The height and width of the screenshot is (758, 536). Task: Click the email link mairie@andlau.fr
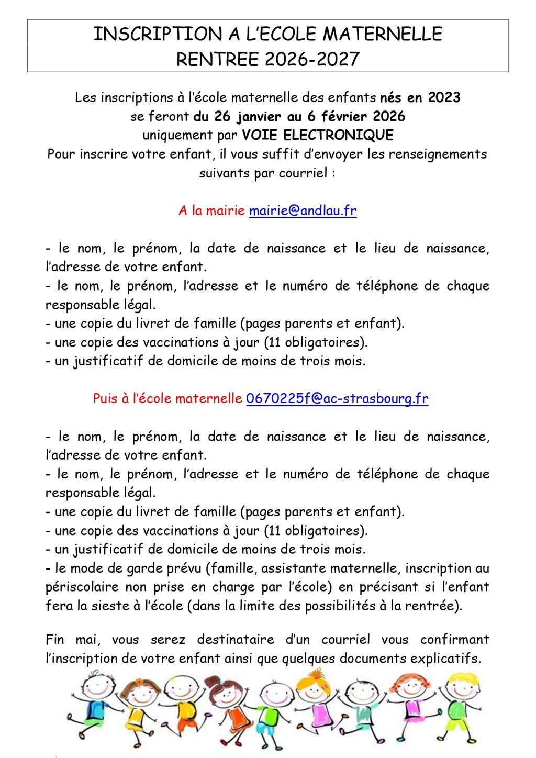(303, 211)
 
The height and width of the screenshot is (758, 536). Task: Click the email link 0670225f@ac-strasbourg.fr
(337, 399)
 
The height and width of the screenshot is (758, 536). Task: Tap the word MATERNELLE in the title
(382, 35)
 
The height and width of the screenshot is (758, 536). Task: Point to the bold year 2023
(444, 98)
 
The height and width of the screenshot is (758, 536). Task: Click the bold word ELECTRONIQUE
(338, 136)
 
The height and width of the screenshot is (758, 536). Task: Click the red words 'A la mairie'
(211, 211)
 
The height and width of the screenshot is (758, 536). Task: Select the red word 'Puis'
(105, 399)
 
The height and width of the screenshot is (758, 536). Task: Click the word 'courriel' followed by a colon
(303, 173)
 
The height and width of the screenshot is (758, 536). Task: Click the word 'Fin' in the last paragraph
(55, 640)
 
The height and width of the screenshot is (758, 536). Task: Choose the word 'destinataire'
(236, 640)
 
